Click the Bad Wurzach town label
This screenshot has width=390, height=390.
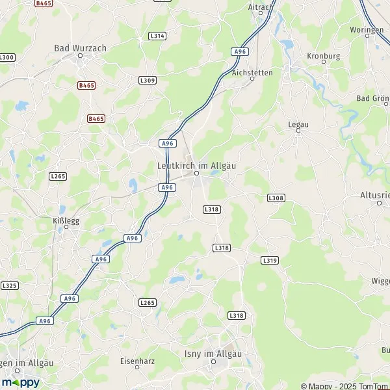[81, 48]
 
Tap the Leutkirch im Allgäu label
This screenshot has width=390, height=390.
[196, 166]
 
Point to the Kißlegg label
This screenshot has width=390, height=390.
[66, 220]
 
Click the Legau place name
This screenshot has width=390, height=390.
[298, 123]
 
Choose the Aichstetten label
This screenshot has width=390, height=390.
[252, 73]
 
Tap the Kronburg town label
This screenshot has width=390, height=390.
[323, 56]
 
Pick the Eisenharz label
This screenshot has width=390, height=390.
[136, 360]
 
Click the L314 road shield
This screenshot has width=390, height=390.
[157, 36]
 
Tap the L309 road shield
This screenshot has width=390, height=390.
[148, 80]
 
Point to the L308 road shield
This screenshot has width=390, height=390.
[276, 197]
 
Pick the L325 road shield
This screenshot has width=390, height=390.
[9, 285]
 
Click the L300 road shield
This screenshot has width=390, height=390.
[6, 58]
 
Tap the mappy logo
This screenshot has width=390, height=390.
[20, 382]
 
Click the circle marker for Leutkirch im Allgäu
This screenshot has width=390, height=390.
[196, 174]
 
